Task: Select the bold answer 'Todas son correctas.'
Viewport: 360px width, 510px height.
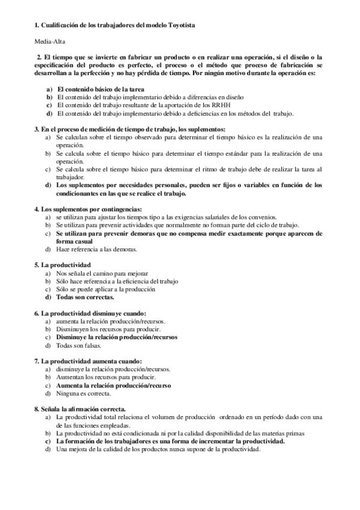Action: click(85, 296)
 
